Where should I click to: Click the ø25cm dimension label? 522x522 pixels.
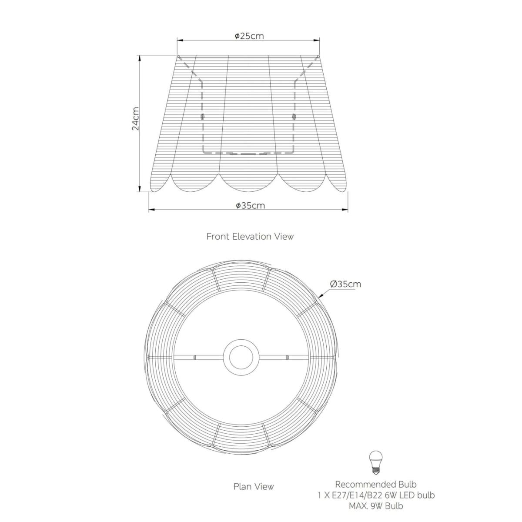[249, 36]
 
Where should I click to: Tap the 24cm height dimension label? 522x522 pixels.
[135, 119]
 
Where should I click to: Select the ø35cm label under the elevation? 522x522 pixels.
[250, 206]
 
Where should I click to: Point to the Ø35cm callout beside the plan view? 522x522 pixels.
[346, 284]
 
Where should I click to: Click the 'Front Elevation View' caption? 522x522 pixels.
[250, 237]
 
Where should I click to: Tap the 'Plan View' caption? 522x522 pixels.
[254, 486]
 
